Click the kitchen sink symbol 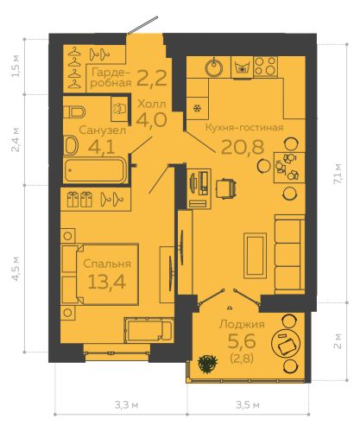point(213,67)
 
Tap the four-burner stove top point(266,67)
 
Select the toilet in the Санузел point(74,112)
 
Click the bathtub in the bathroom point(95,170)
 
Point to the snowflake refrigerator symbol point(198,108)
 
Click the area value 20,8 point(243,147)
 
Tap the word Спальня point(107,264)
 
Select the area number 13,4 point(107,282)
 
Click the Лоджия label point(242,325)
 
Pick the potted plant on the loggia point(207,364)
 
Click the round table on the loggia point(286,343)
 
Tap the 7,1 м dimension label point(338,174)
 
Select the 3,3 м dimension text point(127,405)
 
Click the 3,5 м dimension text point(248,405)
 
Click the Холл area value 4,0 point(151,120)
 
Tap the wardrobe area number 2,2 point(152,79)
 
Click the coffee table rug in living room point(255,256)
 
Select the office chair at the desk point(226,188)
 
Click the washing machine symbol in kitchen point(242,67)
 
